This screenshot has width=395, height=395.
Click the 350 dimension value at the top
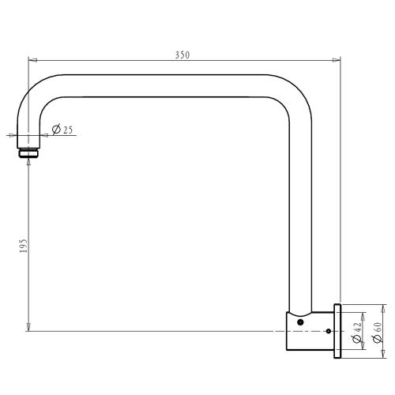click(182, 55)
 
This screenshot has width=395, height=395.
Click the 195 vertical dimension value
click(24, 246)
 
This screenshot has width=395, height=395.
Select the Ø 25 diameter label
click(62, 130)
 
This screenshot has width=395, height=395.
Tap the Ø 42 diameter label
click(357, 332)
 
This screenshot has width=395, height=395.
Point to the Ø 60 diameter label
click(378, 332)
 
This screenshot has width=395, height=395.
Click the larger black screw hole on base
click(300, 322)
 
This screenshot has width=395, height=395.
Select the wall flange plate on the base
click(338, 332)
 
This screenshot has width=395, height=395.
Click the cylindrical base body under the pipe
click(310, 332)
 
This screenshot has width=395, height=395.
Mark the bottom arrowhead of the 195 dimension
click(28, 326)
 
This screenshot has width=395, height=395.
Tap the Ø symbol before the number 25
click(55, 130)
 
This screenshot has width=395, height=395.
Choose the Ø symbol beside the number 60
click(378, 339)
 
